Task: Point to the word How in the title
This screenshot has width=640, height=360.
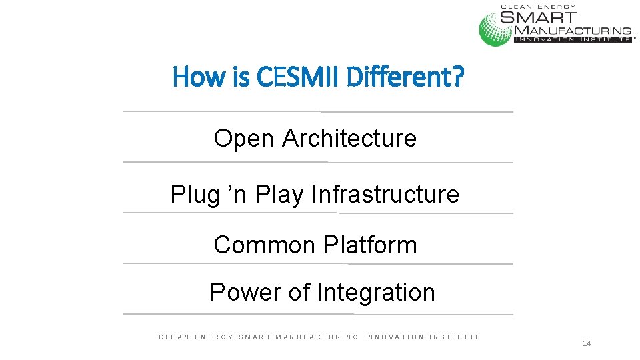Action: [192, 78]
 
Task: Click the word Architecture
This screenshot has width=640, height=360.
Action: [349, 139]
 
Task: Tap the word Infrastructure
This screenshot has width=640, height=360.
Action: [385, 195]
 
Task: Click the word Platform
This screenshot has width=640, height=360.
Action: [370, 245]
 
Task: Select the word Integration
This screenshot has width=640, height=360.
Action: [376, 292]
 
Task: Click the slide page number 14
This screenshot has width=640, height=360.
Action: [587, 343]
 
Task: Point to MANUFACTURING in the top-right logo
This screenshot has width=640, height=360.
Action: [573, 30]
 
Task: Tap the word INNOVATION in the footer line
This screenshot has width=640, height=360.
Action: [394, 337]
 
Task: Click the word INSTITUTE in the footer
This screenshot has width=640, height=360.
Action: [455, 337]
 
